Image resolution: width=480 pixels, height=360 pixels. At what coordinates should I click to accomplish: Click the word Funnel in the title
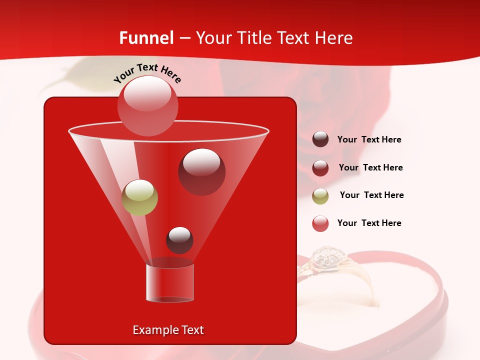(x=146, y=38)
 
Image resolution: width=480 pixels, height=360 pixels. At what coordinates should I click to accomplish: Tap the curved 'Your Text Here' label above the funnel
(x=147, y=72)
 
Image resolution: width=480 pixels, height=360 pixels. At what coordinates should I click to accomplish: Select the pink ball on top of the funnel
(x=148, y=105)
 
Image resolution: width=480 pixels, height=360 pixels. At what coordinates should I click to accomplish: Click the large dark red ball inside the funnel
(x=201, y=171)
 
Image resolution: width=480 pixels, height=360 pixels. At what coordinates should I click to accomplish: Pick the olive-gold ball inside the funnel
(x=139, y=197)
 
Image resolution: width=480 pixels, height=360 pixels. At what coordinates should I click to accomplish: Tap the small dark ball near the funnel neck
(x=179, y=240)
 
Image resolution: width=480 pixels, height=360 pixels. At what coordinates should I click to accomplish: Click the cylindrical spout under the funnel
(x=170, y=282)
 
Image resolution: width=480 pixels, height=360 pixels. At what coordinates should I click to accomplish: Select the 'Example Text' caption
(x=168, y=330)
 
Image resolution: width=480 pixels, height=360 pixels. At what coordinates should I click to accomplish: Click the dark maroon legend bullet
(x=320, y=139)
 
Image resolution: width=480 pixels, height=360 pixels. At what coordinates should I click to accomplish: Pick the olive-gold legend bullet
(x=320, y=196)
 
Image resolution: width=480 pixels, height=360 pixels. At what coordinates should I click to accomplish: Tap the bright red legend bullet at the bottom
(x=320, y=223)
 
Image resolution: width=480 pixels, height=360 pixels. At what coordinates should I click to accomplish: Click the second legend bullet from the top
(x=320, y=168)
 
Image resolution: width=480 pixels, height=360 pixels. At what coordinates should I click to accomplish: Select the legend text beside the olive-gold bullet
(x=371, y=195)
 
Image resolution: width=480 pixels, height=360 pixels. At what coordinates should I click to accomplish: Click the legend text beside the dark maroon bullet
(x=369, y=139)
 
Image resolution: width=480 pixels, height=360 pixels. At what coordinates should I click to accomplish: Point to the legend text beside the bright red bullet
(x=369, y=223)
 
